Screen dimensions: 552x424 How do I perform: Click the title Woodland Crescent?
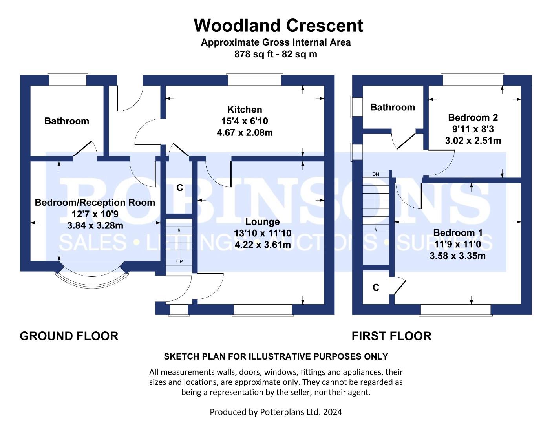pos(278,26)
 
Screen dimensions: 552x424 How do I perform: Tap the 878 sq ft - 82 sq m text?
pos(276,54)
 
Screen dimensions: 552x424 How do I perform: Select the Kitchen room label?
pos(245,110)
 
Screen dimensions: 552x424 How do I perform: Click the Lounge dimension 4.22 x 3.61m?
pos(263,245)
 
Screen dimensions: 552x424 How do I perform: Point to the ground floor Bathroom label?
pos(67,121)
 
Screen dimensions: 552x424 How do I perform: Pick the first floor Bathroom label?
pos(393,107)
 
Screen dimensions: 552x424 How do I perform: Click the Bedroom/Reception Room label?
pos(95,202)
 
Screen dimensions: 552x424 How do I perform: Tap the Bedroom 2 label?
pos(473,117)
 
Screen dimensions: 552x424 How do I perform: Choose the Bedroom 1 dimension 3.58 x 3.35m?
pos(457,256)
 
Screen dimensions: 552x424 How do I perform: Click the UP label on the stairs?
pos(179,261)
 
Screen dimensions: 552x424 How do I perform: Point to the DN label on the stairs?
pos(376,174)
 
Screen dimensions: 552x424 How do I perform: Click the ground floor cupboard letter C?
pos(180,188)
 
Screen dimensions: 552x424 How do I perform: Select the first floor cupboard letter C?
pos(376,287)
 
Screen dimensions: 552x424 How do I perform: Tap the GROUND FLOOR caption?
pos(69,336)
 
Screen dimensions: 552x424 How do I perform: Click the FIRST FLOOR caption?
pos(391,336)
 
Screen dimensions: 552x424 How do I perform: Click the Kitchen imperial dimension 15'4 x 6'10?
pos(245,121)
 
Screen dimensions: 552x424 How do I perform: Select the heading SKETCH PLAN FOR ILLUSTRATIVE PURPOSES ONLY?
pos(276,356)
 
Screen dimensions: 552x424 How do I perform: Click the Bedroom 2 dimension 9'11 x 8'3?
pos(473,129)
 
